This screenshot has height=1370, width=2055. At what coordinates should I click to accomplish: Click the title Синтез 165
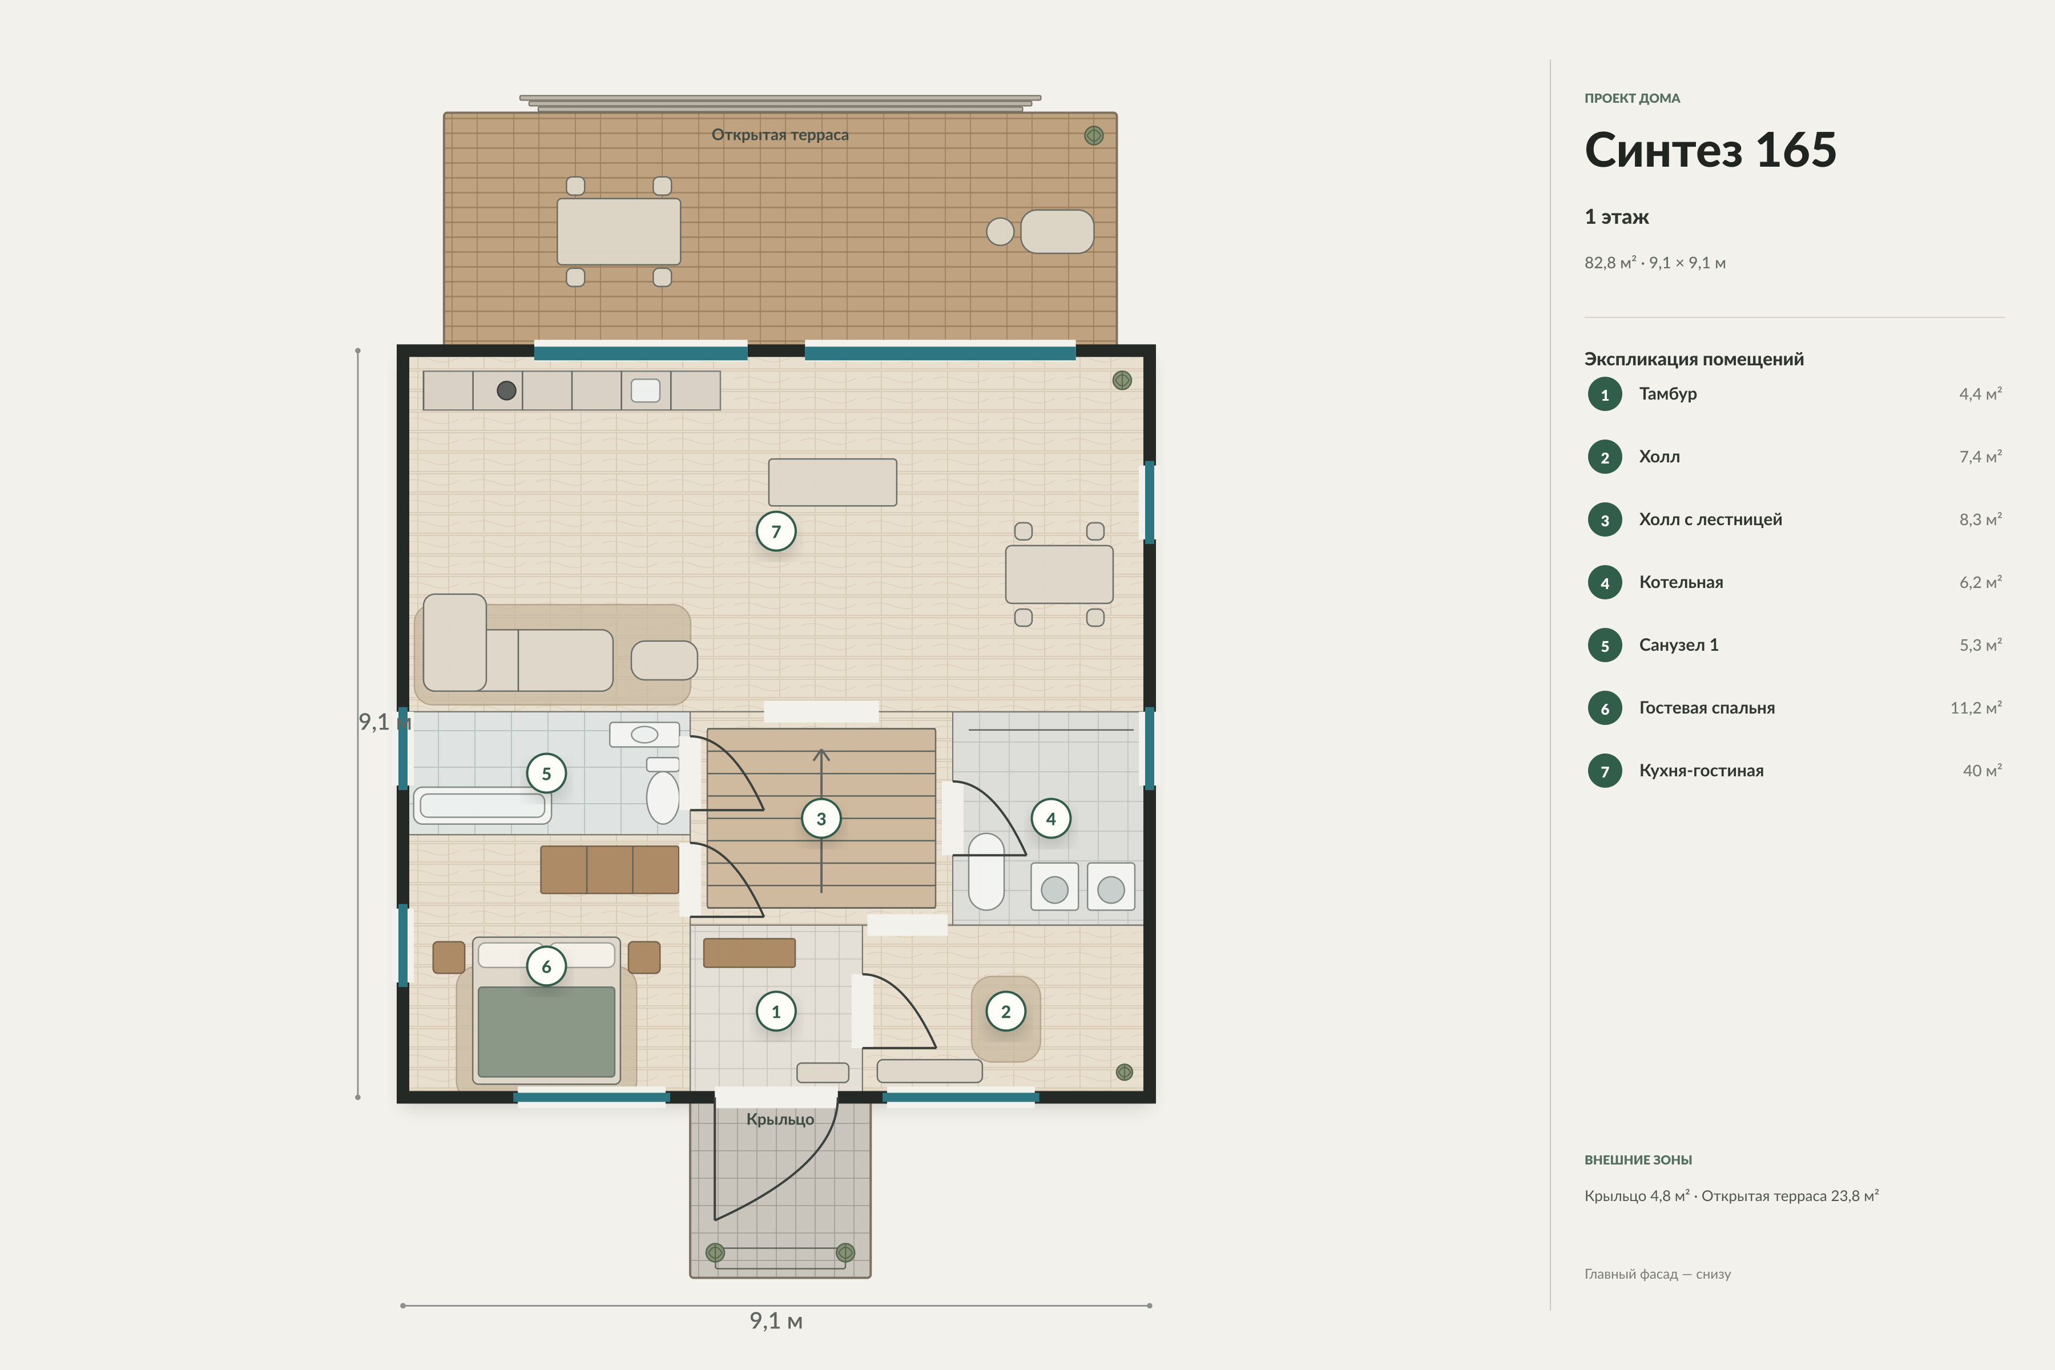(x=1710, y=150)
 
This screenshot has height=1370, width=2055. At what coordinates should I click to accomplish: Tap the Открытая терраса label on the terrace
(x=779, y=135)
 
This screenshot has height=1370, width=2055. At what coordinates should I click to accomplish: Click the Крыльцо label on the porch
(x=779, y=1119)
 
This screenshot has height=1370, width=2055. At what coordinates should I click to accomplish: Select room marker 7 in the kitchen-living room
(x=776, y=531)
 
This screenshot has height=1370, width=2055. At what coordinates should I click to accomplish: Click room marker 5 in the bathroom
(x=546, y=773)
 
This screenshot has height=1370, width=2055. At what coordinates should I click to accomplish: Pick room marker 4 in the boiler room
(x=1050, y=819)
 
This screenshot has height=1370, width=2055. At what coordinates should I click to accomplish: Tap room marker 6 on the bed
(x=546, y=966)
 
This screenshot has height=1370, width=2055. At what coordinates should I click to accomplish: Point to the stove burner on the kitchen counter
(x=506, y=390)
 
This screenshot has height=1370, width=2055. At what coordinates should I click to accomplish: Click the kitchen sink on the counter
(x=646, y=390)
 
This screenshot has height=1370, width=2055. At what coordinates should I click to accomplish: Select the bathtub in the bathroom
(x=482, y=805)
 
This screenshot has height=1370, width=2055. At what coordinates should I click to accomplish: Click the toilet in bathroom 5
(x=662, y=791)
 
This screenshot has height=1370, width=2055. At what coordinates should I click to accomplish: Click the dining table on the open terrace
(x=619, y=232)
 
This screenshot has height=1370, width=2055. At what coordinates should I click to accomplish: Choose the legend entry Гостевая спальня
(x=1706, y=708)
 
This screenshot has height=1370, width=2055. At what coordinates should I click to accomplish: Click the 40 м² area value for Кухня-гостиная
(x=1981, y=771)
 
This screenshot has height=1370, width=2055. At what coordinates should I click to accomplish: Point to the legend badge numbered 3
(x=1604, y=520)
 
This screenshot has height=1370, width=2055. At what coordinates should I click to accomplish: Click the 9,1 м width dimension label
(x=776, y=1320)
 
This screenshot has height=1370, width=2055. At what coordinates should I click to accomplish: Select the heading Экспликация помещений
(x=1693, y=359)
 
